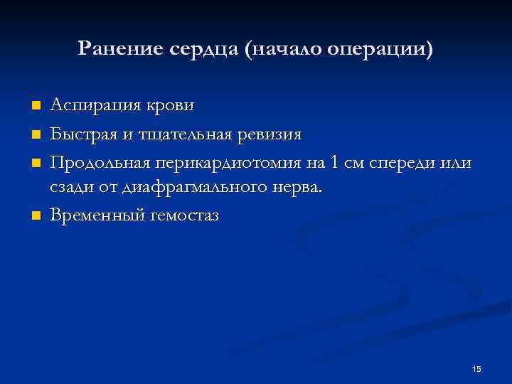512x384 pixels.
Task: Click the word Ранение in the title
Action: (x=120, y=49)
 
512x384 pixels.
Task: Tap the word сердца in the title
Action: (x=205, y=50)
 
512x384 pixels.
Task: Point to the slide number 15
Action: (x=476, y=368)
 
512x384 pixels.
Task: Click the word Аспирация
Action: (x=94, y=106)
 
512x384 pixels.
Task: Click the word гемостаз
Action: (x=184, y=216)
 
